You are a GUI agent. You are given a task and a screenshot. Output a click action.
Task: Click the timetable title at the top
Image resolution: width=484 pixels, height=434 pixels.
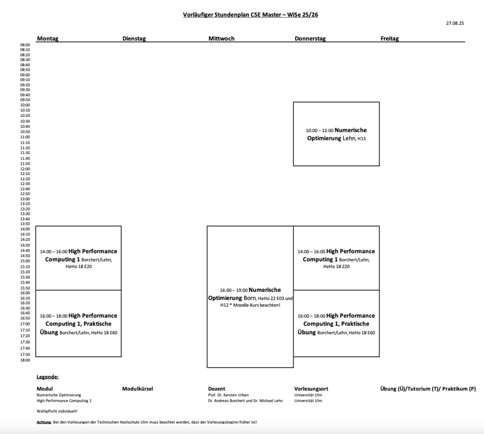point(250,15)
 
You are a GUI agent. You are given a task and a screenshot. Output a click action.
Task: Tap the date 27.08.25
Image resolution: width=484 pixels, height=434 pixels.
point(455,23)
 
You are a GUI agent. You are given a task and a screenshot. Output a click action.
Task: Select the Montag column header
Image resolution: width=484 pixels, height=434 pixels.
point(48,38)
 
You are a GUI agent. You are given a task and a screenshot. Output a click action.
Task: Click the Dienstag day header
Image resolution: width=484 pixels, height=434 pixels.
point(134,38)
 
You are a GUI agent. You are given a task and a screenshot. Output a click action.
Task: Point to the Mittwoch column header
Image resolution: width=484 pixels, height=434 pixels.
point(221,38)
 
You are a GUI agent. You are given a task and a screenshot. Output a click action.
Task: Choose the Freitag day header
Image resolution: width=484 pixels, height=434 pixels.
point(390,38)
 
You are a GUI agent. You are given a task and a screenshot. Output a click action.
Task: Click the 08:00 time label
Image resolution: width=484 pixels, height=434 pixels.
point(25,45)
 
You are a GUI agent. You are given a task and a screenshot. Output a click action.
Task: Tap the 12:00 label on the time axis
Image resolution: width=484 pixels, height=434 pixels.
point(25,169)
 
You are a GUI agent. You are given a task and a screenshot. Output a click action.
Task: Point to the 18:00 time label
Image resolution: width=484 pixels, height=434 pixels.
point(25,360)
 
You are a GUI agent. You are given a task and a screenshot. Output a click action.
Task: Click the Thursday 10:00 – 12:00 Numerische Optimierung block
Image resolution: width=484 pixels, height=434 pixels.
point(336,134)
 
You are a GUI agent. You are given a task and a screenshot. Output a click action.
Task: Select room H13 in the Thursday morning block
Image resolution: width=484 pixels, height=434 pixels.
point(361,139)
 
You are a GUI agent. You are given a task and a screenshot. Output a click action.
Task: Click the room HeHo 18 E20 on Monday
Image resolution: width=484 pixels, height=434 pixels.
point(79,267)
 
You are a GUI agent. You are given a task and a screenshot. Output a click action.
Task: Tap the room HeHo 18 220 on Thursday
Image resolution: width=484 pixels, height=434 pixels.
point(336,267)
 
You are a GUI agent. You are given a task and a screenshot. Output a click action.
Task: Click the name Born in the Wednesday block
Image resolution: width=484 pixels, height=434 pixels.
point(249,298)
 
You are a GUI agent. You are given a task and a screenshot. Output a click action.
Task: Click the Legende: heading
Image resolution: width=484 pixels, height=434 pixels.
point(48,377)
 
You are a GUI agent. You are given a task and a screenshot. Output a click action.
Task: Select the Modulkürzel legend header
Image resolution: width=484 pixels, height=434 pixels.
point(138,389)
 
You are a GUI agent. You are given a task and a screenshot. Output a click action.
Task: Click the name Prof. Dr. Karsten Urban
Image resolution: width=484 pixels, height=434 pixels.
point(228,395)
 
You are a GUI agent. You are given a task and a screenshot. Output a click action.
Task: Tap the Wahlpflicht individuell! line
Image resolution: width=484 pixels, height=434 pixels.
point(57,411)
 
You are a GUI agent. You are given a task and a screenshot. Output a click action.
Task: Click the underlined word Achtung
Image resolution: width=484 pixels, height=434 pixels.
point(44,422)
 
